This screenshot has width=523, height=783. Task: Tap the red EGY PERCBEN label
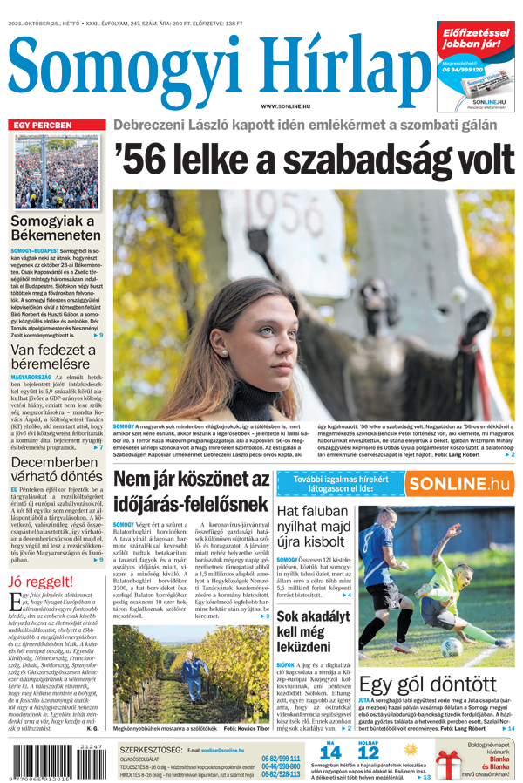pyautogui.click(x=41, y=126)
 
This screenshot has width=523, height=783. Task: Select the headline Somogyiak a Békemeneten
pyautogui.click(x=55, y=228)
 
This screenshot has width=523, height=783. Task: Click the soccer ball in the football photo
pyautogui.click(x=452, y=647)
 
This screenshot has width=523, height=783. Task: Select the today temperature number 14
pyautogui.click(x=330, y=752)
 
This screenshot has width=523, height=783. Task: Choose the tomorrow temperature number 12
pyautogui.click(x=369, y=752)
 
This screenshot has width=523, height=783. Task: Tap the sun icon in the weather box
pyautogui.click(x=411, y=749)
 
